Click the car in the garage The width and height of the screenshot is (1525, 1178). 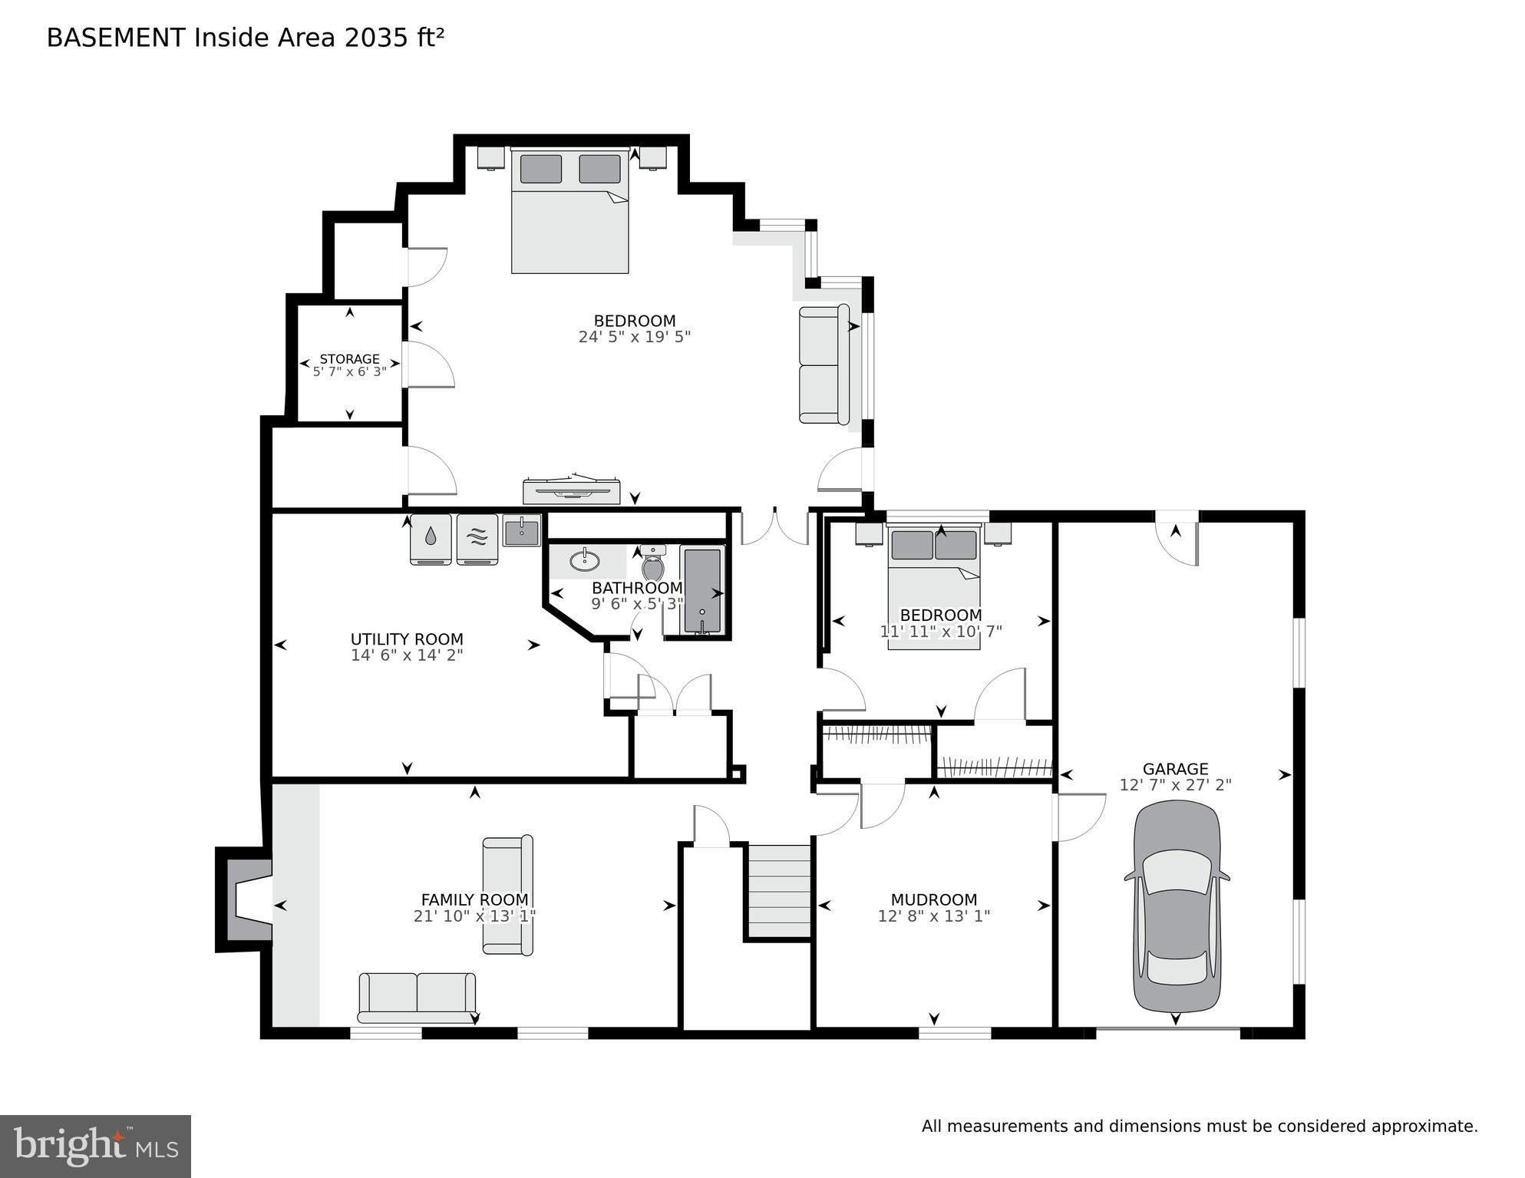1176,907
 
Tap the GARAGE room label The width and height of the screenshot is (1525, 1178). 1175,769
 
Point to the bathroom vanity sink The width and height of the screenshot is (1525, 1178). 586,559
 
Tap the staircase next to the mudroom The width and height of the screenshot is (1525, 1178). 780,891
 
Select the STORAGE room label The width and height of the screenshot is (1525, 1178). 349,359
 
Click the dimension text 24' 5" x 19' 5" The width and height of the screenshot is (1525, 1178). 635,337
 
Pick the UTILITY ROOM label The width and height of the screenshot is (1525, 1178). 407,639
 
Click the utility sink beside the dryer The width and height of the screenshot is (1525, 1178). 521,530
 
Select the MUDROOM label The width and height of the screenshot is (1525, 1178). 933,899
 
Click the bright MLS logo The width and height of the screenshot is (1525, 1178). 95,1146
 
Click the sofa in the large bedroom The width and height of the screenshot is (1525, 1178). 824,364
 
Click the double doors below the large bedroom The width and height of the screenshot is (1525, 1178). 774,526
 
